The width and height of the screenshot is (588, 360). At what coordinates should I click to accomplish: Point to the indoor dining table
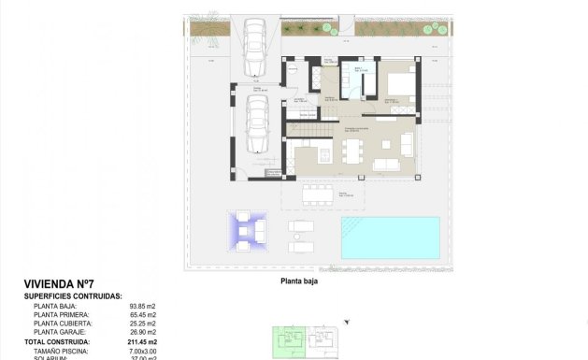(351, 150)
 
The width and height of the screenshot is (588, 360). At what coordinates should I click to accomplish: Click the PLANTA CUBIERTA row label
(64, 324)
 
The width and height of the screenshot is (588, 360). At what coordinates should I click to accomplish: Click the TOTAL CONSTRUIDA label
(57, 342)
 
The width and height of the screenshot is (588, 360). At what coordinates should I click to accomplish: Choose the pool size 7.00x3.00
(141, 351)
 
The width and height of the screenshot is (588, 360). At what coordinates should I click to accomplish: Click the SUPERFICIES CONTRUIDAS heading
(73, 295)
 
